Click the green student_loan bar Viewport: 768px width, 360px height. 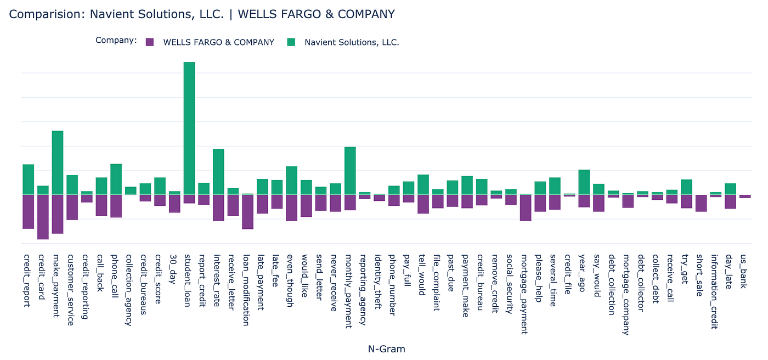(x=189, y=128)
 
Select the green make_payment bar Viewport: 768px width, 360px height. (x=57, y=162)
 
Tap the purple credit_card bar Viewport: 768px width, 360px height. (x=43, y=217)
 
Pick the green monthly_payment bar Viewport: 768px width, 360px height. (x=350, y=171)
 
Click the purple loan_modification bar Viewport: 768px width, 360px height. (x=247, y=212)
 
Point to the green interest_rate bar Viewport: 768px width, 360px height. (x=218, y=172)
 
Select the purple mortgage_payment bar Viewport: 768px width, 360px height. (x=526, y=207)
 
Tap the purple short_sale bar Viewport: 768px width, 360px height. (x=701, y=203)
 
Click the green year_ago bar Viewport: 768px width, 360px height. (x=584, y=182)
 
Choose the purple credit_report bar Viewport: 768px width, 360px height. (x=28, y=211)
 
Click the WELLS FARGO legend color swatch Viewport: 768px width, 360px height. (x=150, y=42)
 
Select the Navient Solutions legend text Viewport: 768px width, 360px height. (x=352, y=42)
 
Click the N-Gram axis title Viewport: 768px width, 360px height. (x=386, y=348)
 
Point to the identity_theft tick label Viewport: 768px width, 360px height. (x=379, y=274)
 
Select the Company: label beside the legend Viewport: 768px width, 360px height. (x=116, y=40)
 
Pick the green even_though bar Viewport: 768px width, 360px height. (x=291, y=181)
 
